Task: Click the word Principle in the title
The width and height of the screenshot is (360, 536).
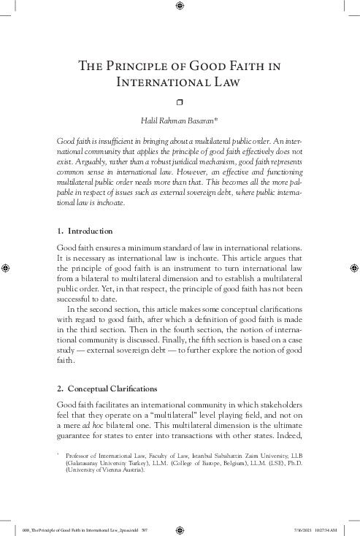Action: click(138, 67)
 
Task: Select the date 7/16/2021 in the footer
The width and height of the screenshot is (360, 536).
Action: click(304, 525)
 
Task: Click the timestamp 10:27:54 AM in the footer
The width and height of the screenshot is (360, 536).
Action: click(329, 525)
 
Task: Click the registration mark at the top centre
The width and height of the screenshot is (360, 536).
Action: click(180, 8)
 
